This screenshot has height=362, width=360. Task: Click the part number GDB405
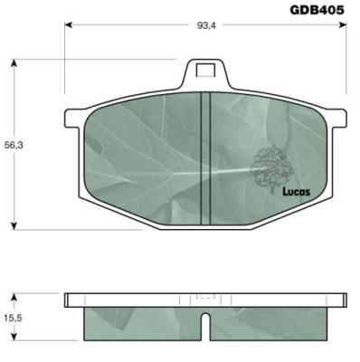coord(317,10)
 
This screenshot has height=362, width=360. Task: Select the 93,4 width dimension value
coord(206,25)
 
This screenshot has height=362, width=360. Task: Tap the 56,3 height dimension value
coord(14,145)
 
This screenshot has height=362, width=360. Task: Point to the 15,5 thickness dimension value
coord(14,318)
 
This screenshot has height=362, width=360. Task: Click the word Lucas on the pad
coord(296,192)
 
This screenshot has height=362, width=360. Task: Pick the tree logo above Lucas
coord(271,167)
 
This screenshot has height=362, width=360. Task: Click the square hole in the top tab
coord(205,70)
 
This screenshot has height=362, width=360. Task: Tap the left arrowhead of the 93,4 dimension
coord(69,25)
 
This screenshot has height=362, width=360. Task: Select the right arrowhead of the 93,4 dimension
coord(343,25)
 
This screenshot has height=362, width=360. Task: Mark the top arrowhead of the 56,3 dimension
coord(14,63)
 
